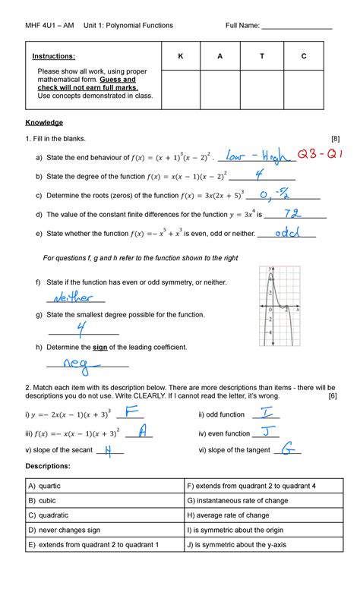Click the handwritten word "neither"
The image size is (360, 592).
point(71,297)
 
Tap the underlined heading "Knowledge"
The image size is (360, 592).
point(44,121)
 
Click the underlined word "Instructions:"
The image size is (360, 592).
point(53,56)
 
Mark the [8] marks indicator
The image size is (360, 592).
point(330,139)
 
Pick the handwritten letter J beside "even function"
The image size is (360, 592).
point(268,431)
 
